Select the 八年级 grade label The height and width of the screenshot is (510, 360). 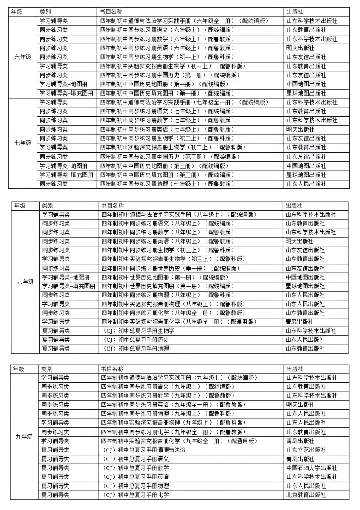(x=25, y=282)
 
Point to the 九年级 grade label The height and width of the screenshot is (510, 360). (x=24, y=436)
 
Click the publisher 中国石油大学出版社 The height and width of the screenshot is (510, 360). (x=311, y=468)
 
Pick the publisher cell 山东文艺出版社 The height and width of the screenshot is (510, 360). (x=306, y=450)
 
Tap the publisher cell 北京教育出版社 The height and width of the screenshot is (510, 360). (x=306, y=495)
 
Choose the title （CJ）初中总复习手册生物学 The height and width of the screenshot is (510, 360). (x=137, y=330)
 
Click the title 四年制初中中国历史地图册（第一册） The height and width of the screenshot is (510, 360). (x=164, y=84)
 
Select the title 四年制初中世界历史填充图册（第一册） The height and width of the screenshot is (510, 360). (x=169, y=286)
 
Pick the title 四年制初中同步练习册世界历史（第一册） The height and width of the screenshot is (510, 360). (x=169, y=268)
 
